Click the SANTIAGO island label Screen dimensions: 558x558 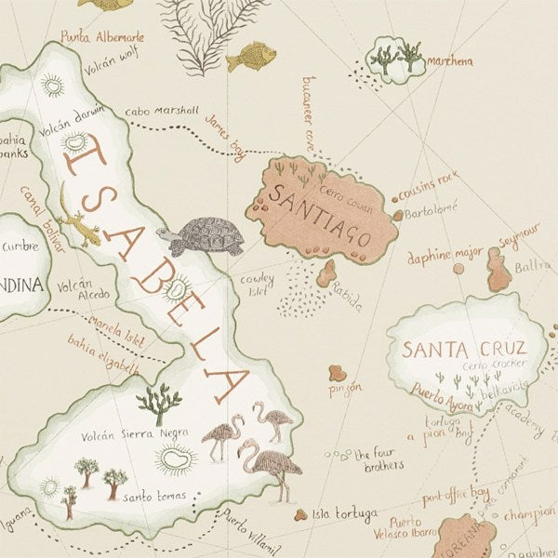pyautogui.click(x=320, y=214)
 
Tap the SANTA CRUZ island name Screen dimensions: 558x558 pyautogui.click(x=462, y=350)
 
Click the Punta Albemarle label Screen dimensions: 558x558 pyautogui.click(x=102, y=38)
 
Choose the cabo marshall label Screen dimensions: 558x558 pyautogui.click(x=161, y=110)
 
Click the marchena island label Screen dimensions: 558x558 pyautogui.click(x=450, y=61)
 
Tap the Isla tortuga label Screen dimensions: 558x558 pyautogui.click(x=345, y=514)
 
